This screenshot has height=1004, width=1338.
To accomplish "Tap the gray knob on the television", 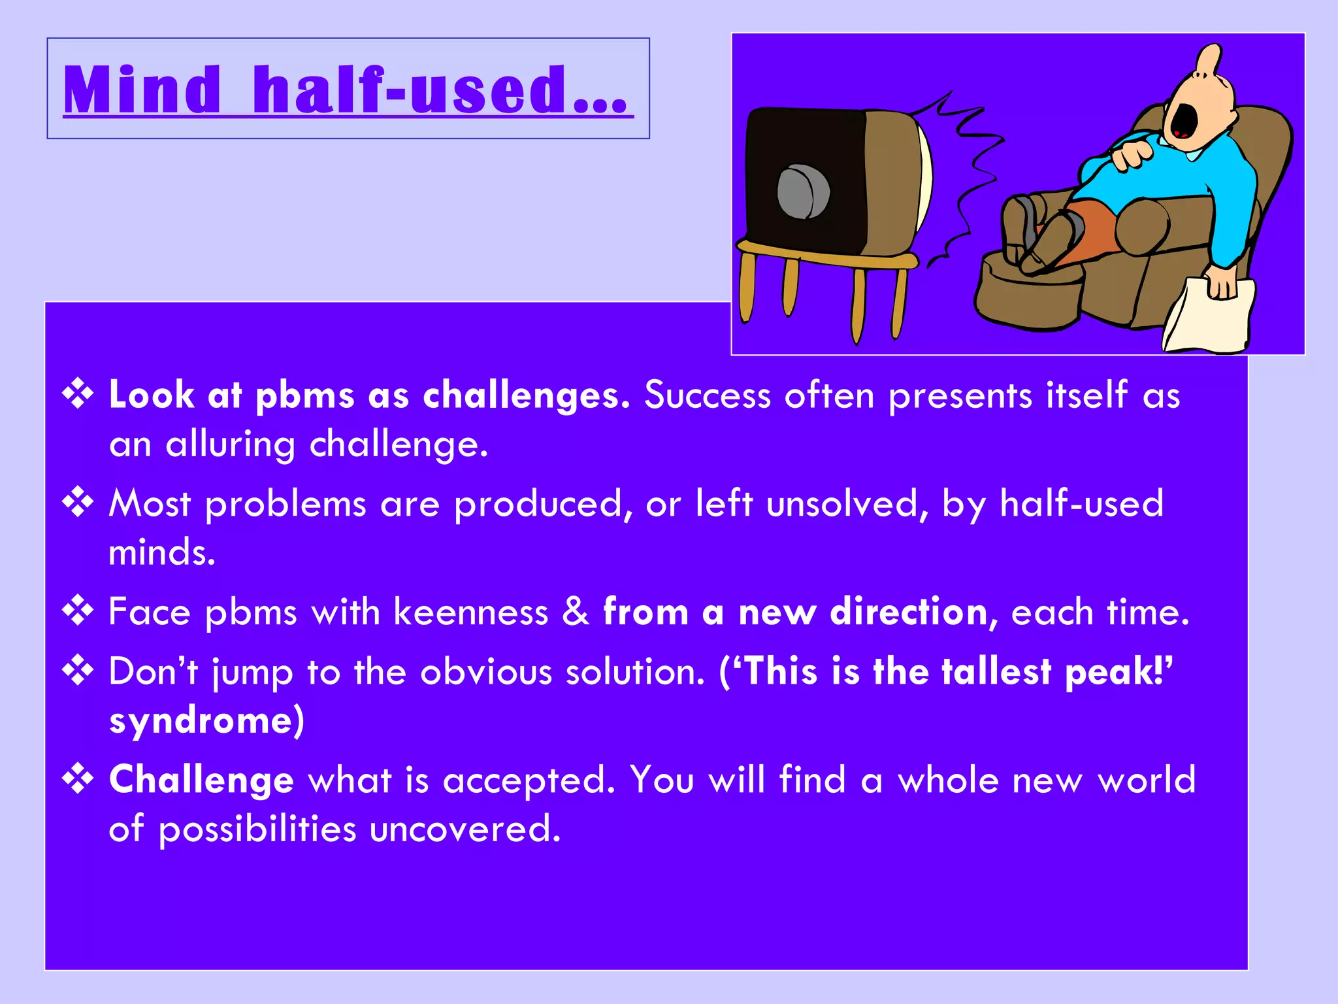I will (x=803, y=192).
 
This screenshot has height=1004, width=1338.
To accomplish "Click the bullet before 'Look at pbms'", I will (x=78, y=395).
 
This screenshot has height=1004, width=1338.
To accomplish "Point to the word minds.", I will (x=161, y=552).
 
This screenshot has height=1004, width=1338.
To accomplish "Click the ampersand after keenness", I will (x=576, y=612).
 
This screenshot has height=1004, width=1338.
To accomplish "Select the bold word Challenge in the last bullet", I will (x=201, y=780).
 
